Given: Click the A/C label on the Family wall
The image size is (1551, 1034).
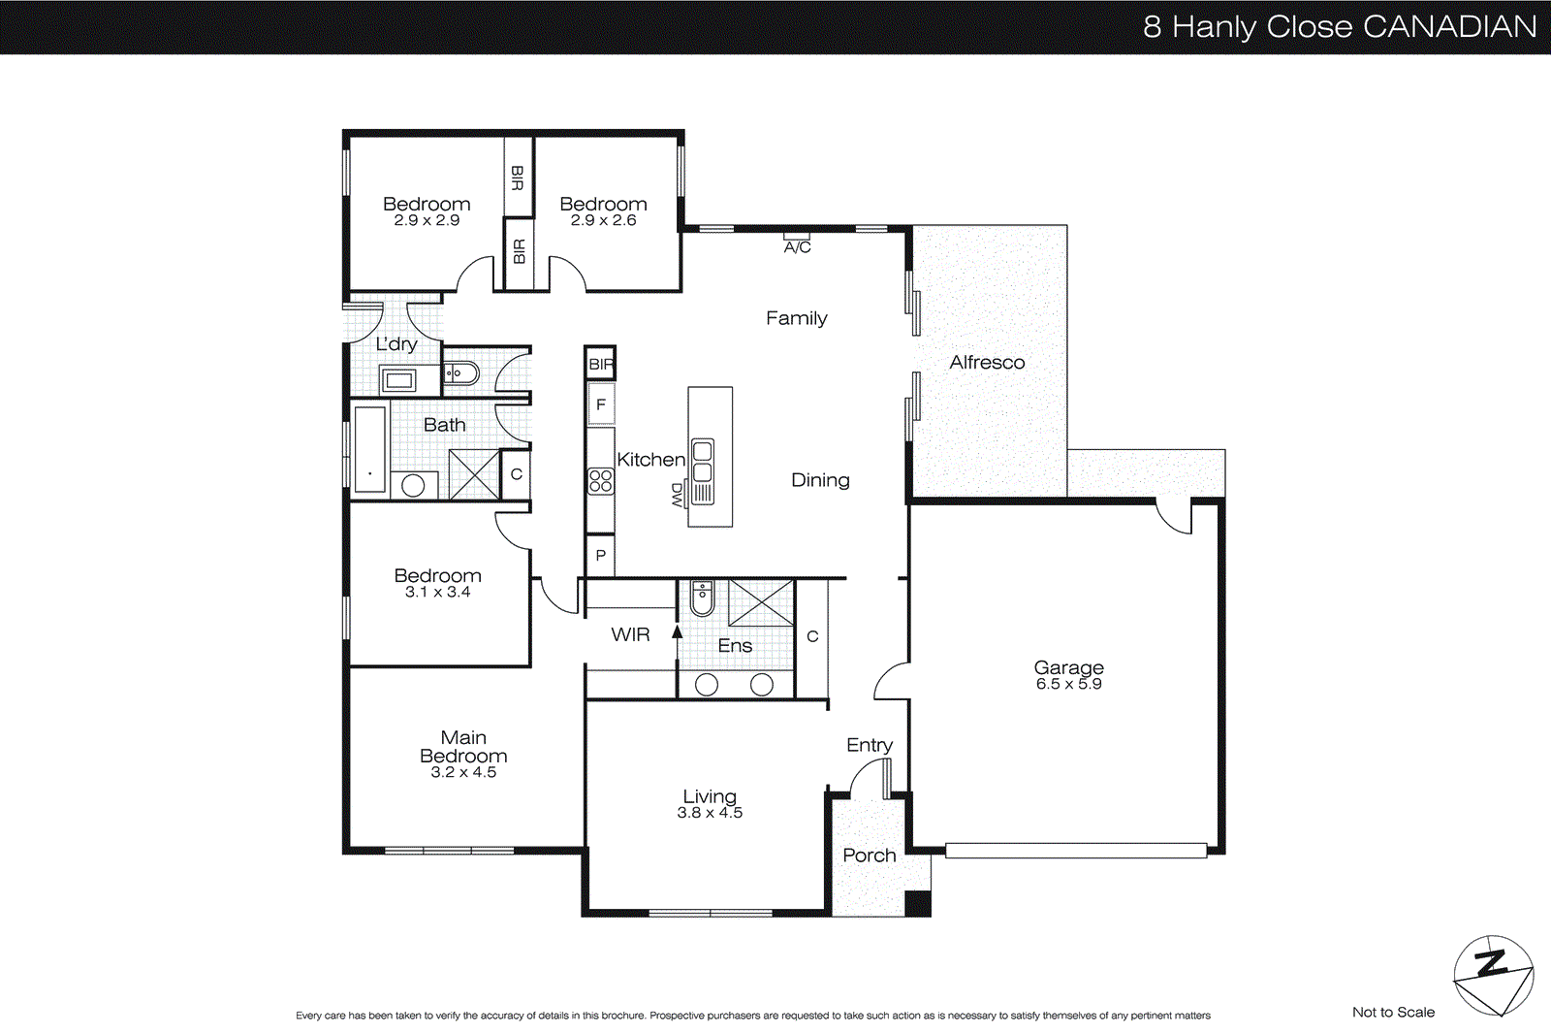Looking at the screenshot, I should [797, 247].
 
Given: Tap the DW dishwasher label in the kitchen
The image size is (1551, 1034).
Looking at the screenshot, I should [677, 495].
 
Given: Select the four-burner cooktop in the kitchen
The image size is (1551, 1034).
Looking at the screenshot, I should [600, 481].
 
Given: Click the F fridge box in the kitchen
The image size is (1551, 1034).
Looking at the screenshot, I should [600, 404].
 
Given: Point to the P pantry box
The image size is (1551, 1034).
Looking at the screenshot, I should [600, 556].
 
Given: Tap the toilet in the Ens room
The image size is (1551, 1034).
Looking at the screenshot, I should [702, 598].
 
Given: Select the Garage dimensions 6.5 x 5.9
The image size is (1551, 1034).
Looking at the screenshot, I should [1068, 684].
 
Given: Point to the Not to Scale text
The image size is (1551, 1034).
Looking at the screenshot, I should [1393, 1012].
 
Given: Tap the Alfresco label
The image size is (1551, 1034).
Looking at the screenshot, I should [987, 362].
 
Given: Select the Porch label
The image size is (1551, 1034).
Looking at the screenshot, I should [869, 855].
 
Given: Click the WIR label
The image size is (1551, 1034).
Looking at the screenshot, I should [630, 634].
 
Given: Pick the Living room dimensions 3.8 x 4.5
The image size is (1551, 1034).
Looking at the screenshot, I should [710, 813].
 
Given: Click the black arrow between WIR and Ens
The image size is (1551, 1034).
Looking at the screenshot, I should [678, 631].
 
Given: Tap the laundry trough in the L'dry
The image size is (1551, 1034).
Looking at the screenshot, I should [398, 379].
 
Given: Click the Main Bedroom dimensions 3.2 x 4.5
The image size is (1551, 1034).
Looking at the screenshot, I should [463, 772].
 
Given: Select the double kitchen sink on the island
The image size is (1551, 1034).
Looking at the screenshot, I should [703, 462].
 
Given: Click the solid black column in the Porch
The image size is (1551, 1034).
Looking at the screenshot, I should [917, 903].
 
